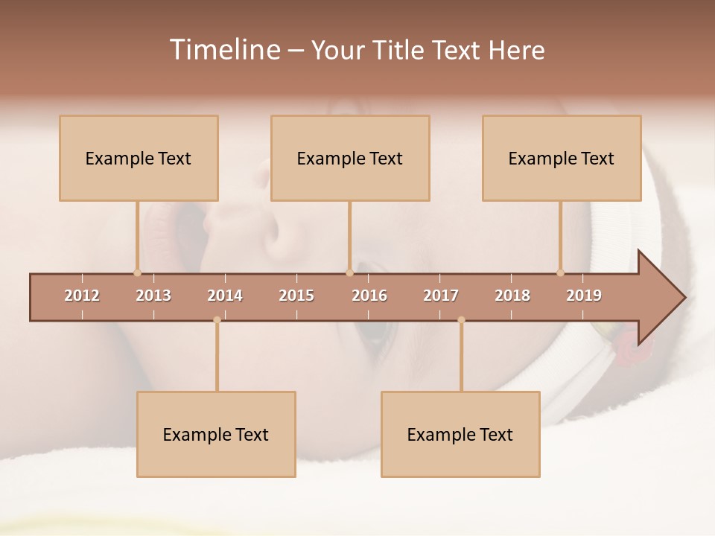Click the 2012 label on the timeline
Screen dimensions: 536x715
pyautogui.click(x=82, y=296)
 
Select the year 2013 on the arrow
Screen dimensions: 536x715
pyautogui.click(x=153, y=296)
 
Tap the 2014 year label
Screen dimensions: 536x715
pyautogui.click(x=225, y=296)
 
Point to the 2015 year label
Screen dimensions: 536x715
pyautogui.click(x=296, y=296)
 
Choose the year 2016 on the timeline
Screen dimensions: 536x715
pyautogui.click(x=369, y=296)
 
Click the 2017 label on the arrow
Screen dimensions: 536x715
pyautogui.click(x=441, y=296)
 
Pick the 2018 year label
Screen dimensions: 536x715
pyautogui.click(x=512, y=296)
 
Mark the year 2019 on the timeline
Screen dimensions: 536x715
pyautogui.click(x=584, y=296)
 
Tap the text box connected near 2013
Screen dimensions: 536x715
pyautogui.click(x=139, y=158)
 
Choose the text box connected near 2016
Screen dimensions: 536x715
pyautogui.click(x=350, y=158)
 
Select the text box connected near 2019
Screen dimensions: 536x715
pyautogui.click(x=562, y=158)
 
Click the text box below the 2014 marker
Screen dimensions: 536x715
pyautogui.click(x=216, y=434)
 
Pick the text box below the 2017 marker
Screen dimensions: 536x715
pyautogui.click(x=460, y=434)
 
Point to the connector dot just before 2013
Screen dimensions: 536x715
pyautogui.click(x=137, y=272)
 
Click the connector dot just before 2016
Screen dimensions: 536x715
pyautogui.click(x=349, y=272)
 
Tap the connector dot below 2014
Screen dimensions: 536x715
pyautogui.click(x=217, y=320)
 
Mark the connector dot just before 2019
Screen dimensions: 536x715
pyautogui.click(x=561, y=272)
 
